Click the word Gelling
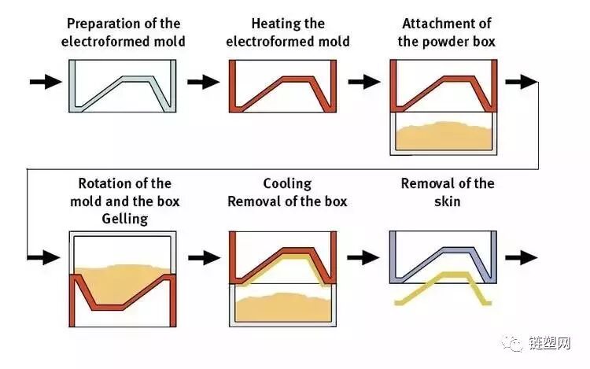(x=124, y=219)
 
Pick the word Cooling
(x=287, y=184)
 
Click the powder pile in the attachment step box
(x=445, y=135)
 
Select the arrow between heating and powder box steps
(x=363, y=81)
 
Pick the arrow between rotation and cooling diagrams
(x=203, y=256)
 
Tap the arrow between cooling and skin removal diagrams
(x=363, y=256)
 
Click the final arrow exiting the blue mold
(x=522, y=256)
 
